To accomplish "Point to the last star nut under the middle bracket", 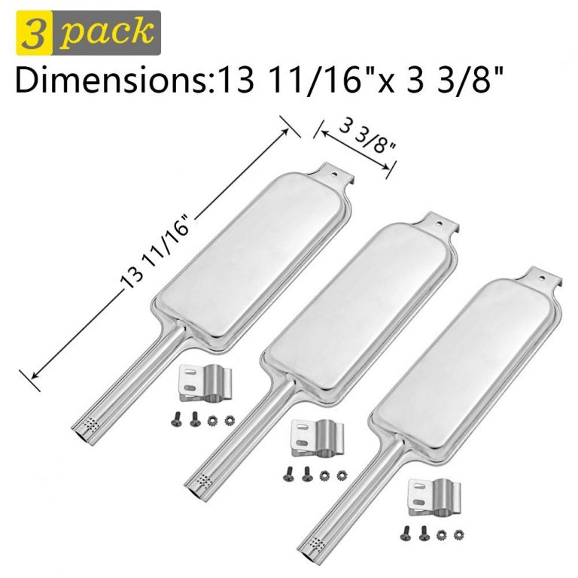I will pos(342,475).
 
